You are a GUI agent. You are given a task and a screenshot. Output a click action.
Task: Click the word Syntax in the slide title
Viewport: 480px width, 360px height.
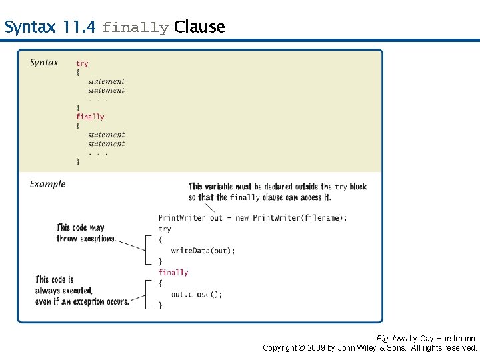point(31,27)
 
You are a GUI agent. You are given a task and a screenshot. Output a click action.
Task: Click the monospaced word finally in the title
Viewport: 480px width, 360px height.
point(135,28)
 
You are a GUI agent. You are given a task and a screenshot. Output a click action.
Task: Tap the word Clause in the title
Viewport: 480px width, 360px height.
point(199,27)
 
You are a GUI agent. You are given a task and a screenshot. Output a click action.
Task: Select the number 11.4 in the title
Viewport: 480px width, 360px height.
point(79,27)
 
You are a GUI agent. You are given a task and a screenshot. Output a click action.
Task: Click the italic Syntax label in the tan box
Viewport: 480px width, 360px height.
point(44,63)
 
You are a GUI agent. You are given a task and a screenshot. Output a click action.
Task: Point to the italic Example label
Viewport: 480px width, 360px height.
point(47,184)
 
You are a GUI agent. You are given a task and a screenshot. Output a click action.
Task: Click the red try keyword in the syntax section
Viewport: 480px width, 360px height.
point(82,64)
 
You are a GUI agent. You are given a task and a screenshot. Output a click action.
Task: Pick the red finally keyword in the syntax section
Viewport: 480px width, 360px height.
point(90,117)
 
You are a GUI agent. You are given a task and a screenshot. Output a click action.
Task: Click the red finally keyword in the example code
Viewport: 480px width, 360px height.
point(173,272)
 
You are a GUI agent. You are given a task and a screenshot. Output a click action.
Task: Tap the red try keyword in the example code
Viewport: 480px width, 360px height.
point(165,229)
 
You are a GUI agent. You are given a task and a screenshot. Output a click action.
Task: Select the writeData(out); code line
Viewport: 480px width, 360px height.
point(203,251)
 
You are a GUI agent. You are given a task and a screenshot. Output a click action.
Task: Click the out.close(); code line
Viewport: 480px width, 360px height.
point(197,294)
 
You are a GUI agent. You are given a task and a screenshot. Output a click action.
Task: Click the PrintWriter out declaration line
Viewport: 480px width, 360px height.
point(252,218)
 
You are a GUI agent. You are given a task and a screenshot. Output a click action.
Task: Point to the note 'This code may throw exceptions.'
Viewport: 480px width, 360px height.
point(86,233)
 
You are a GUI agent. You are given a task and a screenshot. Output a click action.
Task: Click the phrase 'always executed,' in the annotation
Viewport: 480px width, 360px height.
point(64,291)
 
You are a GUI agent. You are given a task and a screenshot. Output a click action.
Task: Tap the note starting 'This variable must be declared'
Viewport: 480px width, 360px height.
point(277,192)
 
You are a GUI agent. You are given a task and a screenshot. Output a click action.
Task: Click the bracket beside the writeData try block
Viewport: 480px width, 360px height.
point(148,250)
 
